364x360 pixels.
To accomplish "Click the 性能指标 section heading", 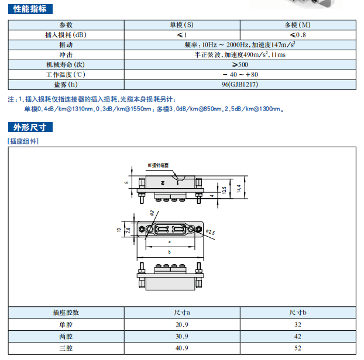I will (30, 9).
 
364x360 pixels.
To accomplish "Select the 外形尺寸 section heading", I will (30, 127).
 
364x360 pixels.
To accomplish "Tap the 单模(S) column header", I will (182, 25).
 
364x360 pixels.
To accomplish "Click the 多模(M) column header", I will (297, 25).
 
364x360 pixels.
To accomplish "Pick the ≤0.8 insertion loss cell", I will (297, 35).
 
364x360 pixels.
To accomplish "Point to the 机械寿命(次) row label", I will (66, 65).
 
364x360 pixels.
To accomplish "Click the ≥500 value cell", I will (240, 65).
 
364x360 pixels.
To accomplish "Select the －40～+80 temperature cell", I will (240, 75).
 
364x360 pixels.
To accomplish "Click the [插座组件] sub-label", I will (23, 141).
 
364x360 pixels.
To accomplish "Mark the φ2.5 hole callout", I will (210, 233).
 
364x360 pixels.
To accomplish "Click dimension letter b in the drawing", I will (169, 252).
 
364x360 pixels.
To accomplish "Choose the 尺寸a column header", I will (182, 313).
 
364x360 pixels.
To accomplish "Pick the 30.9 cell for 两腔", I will (182, 336).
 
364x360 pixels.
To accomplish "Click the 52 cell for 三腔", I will (297, 348).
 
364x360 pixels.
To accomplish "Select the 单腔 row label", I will (66, 324).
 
